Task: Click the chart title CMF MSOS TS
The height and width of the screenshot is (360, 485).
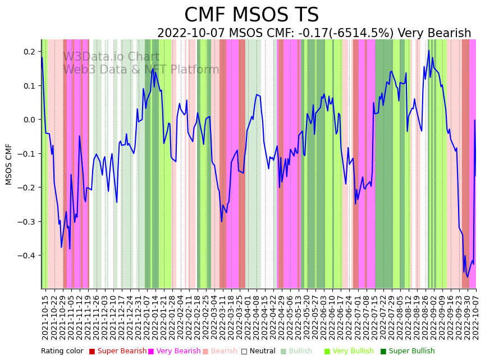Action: (251, 15)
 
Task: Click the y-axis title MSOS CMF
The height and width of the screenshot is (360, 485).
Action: (9, 164)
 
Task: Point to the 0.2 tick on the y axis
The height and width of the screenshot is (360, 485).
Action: (29, 52)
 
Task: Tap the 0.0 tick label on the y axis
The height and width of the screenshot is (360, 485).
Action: (29, 120)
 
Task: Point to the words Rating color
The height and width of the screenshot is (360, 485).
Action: (62, 352)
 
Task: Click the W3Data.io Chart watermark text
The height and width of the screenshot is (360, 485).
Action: (111, 57)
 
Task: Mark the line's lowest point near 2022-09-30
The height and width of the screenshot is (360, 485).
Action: (467, 277)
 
